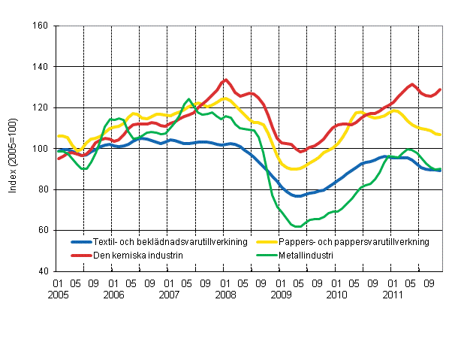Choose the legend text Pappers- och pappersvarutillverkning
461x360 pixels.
click(x=354, y=241)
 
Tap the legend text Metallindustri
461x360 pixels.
click(x=307, y=255)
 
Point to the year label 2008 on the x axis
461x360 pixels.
click(x=225, y=295)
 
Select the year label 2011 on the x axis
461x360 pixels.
click(x=393, y=295)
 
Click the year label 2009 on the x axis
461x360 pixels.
click(x=281, y=295)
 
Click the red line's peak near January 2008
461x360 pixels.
click(x=225, y=80)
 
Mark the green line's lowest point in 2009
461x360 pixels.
click(x=298, y=226)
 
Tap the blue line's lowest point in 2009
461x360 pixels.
click(x=298, y=195)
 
